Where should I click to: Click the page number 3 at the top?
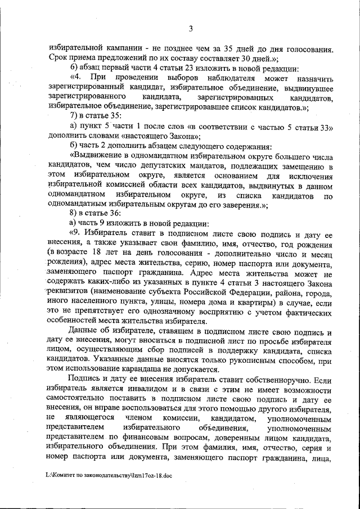191,29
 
